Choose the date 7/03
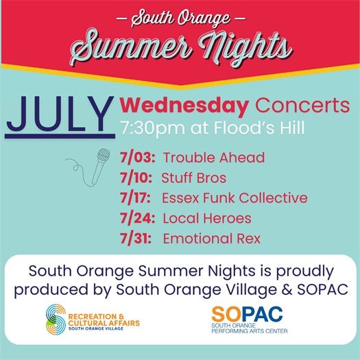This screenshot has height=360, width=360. (135, 158)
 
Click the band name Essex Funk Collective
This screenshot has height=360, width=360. (235, 198)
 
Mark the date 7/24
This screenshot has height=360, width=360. (136, 219)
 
